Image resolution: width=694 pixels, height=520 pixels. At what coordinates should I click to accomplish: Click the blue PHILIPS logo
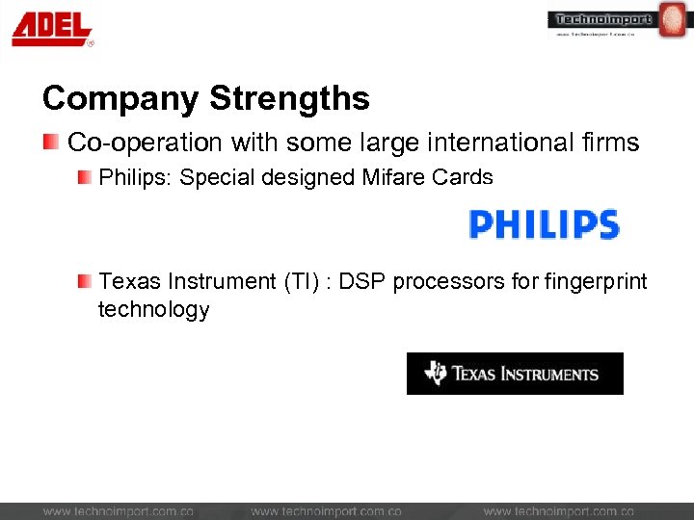pyautogui.click(x=543, y=224)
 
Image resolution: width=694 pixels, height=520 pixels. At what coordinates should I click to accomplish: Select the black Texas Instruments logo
pyautogui.click(x=515, y=374)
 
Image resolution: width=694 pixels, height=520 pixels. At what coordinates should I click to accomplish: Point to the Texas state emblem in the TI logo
pyautogui.click(x=436, y=374)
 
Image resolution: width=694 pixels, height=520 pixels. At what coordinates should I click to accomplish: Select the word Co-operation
pyautogui.click(x=145, y=143)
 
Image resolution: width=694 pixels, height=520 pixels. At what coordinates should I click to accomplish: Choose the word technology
pyautogui.click(x=153, y=309)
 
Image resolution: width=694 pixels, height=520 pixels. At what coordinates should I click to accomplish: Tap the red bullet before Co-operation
pyautogui.click(x=51, y=143)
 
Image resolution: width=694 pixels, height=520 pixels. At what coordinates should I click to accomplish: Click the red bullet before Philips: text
pyautogui.click(x=86, y=177)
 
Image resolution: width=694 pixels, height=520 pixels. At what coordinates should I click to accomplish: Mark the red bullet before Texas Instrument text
pyautogui.click(x=86, y=281)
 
